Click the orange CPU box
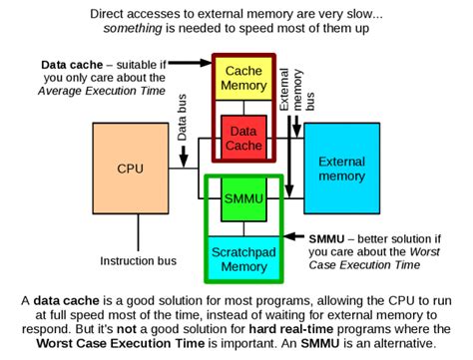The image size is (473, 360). [130, 169]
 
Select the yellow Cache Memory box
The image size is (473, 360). [242, 79]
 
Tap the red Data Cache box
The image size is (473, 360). [242, 137]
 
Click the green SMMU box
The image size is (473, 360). [242, 198]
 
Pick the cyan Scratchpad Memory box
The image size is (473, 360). [242, 254]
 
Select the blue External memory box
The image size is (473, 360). [341, 169]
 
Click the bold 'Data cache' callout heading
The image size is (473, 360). [73, 66]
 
